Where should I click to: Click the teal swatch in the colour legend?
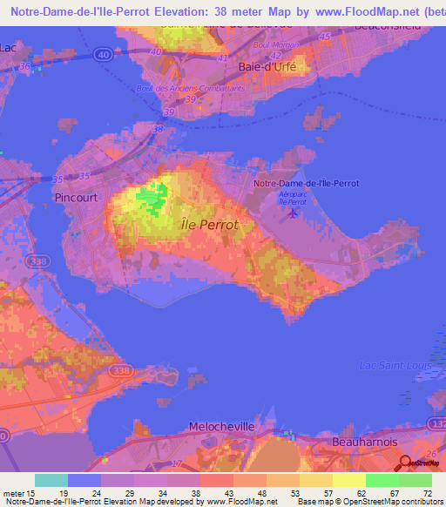tap(51, 480)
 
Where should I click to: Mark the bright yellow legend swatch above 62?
tap(349, 480)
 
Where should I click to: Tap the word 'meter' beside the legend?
tap(14, 493)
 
